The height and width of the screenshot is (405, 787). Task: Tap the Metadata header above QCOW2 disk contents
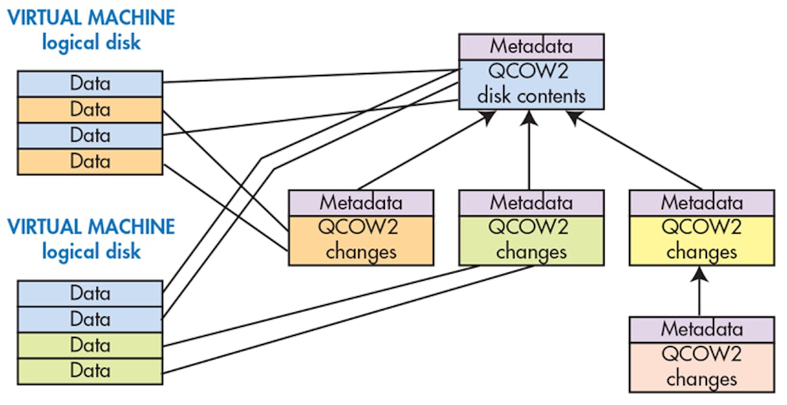click(531, 47)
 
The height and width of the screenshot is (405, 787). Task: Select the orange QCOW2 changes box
click(361, 240)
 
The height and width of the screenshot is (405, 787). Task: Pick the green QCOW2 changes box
click(531, 240)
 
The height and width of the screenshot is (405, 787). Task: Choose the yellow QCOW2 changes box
click(701, 240)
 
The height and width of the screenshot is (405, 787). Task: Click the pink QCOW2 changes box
click(701, 367)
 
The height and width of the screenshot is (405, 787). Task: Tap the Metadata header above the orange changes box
click(361, 202)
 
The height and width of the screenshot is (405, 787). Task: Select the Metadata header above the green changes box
click(531, 202)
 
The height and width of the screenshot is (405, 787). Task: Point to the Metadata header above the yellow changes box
click(701, 202)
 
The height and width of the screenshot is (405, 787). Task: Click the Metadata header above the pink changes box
click(701, 329)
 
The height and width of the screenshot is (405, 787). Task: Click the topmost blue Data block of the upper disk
click(90, 83)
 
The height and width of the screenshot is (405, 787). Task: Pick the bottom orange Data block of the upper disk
click(90, 161)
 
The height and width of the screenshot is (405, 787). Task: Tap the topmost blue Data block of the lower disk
click(90, 293)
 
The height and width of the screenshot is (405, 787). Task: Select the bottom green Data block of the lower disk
click(90, 371)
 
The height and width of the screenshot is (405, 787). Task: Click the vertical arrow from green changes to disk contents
click(530, 151)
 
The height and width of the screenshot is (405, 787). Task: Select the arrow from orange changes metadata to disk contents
click(426, 150)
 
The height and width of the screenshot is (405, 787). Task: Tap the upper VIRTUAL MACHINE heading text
click(91, 18)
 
